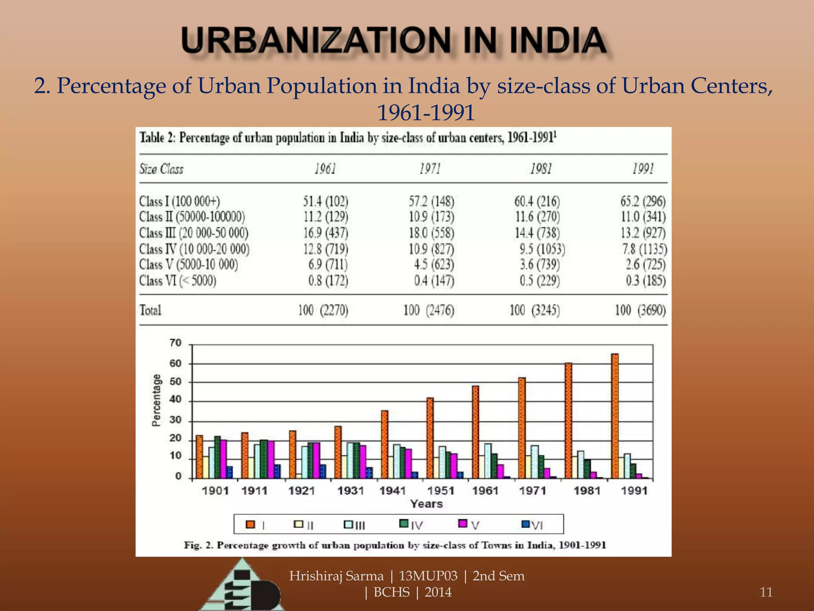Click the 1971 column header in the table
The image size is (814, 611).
pyautogui.click(x=430, y=169)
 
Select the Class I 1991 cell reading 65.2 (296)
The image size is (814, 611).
pyautogui.click(x=643, y=201)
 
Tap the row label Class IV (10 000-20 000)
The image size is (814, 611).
pyautogui.click(x=194, y=249)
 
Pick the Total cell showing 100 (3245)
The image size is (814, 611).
pyautogui.click(x=535, y=310)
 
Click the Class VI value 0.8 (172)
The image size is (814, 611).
pyautogui.click(x=328, y=281)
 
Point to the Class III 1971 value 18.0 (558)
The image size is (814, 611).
pyautogui.click(x=431, y=233)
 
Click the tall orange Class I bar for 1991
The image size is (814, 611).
pyautogui.click(x=615, y=416)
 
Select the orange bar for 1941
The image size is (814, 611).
pyautogui.click(x=384, y=444)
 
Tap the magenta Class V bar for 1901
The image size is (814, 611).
pyautogui.click(x=223, y=459)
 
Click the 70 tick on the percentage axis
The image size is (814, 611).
pyautogui.click(x=175, y=343)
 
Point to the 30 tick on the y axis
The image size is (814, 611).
pyautogui.click(x=175, y=420)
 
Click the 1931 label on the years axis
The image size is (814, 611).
pyautogui.click(x=351, y=491)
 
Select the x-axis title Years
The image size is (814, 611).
pyautogui.click(x=426, y=504)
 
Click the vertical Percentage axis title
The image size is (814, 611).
pyautogui.click(x=157, y=400)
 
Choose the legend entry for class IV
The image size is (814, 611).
pyautogui.click(x=412, y=525)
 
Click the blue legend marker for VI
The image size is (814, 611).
pyautogui.click(x=525, y=524)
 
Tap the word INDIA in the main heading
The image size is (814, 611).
pyautogui.click(x=558, y=41)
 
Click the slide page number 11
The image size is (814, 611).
pyautogui.click(x=766, y=592)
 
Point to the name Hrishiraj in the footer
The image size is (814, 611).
pyautogui.click(x=316, y=576)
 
